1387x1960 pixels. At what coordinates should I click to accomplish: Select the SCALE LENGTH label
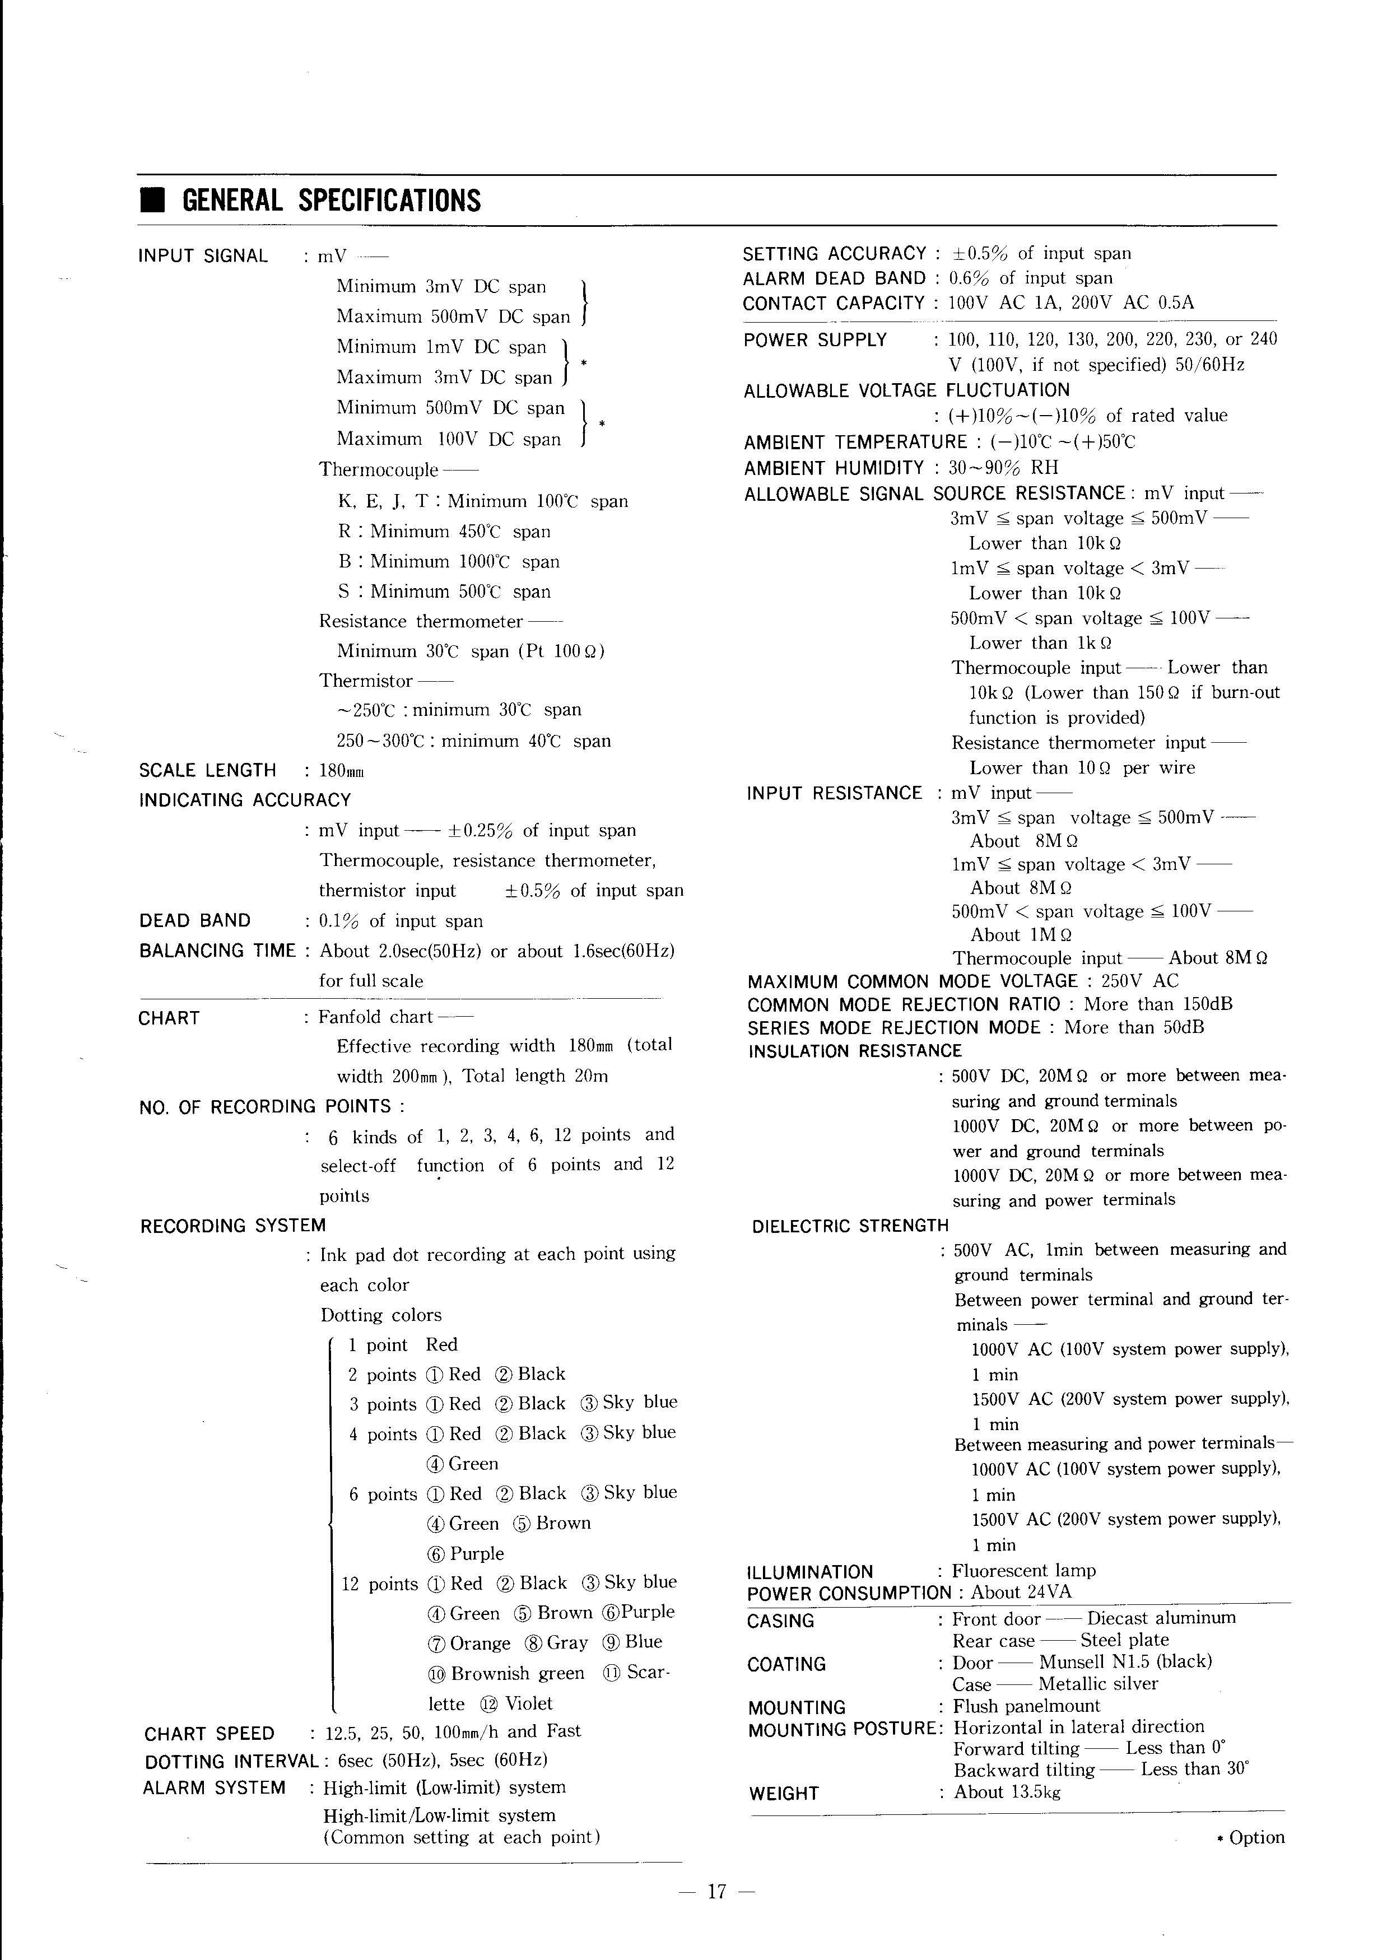tap(207, 770)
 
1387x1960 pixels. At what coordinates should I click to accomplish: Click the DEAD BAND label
tap(195, 921)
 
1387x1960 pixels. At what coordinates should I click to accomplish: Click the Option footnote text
tap(1255, 1837)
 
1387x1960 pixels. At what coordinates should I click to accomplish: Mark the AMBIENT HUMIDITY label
tap(834, 468)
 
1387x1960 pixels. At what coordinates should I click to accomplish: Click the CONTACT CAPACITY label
tap(834, 303)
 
